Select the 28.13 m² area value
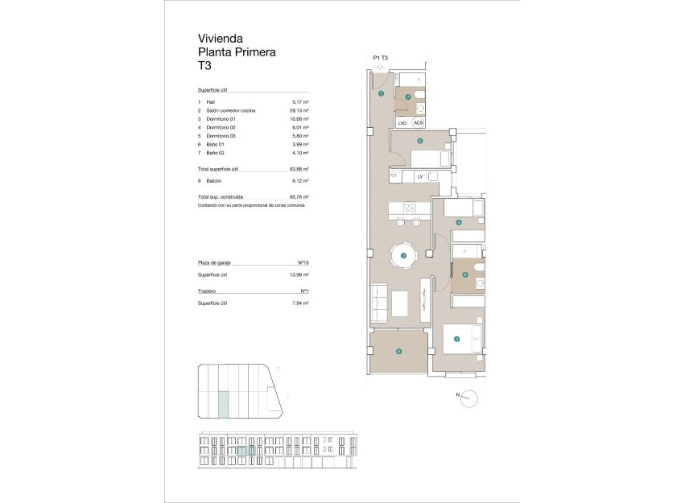pyautogui.click(x=300, y=110)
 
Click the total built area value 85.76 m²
pyautogui.click(x=299, y=196)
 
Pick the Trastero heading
pyautogui.click(x=208, y=291)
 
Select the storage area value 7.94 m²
pyautogui.click(x=300, y=303)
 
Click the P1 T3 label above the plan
pyautogui.click(x=382, y=58)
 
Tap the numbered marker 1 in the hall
pyautogui.click(x=381, y=94)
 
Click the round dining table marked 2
pyautogui.click(x=403, y=257)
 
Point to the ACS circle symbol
pyautogui.click(x=418, y=122)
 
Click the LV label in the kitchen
pyautogui.click(x=420, y=176)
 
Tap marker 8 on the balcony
pyautogui.click(x=398, y=350)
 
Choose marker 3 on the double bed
pyautogui.click(x=456, y=339)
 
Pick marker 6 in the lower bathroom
pyautogui.click(x=465, y=275)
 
